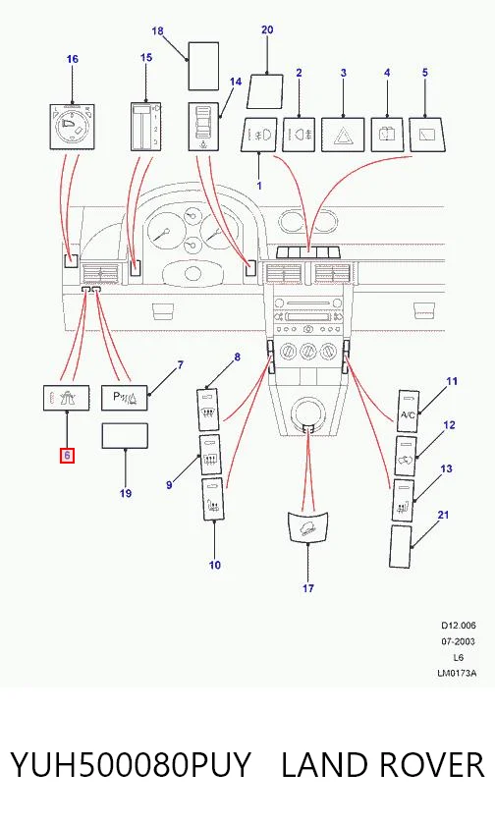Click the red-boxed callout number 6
(68, 456)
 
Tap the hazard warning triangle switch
(343, 136)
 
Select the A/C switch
(408, 411)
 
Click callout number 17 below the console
(308, 587)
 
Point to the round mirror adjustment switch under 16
(72, 127)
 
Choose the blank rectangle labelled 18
(203, 67)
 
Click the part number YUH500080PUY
(131, 764)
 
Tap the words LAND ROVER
(382, 764)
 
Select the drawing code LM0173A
(457, 673)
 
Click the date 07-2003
(458, 641)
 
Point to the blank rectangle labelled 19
(125, 436)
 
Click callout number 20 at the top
(267, 29)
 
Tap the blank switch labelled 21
(401, 546)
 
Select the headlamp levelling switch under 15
(145, 127)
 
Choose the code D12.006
(459, 626)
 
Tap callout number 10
(215, 565)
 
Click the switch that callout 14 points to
(203, 127)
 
